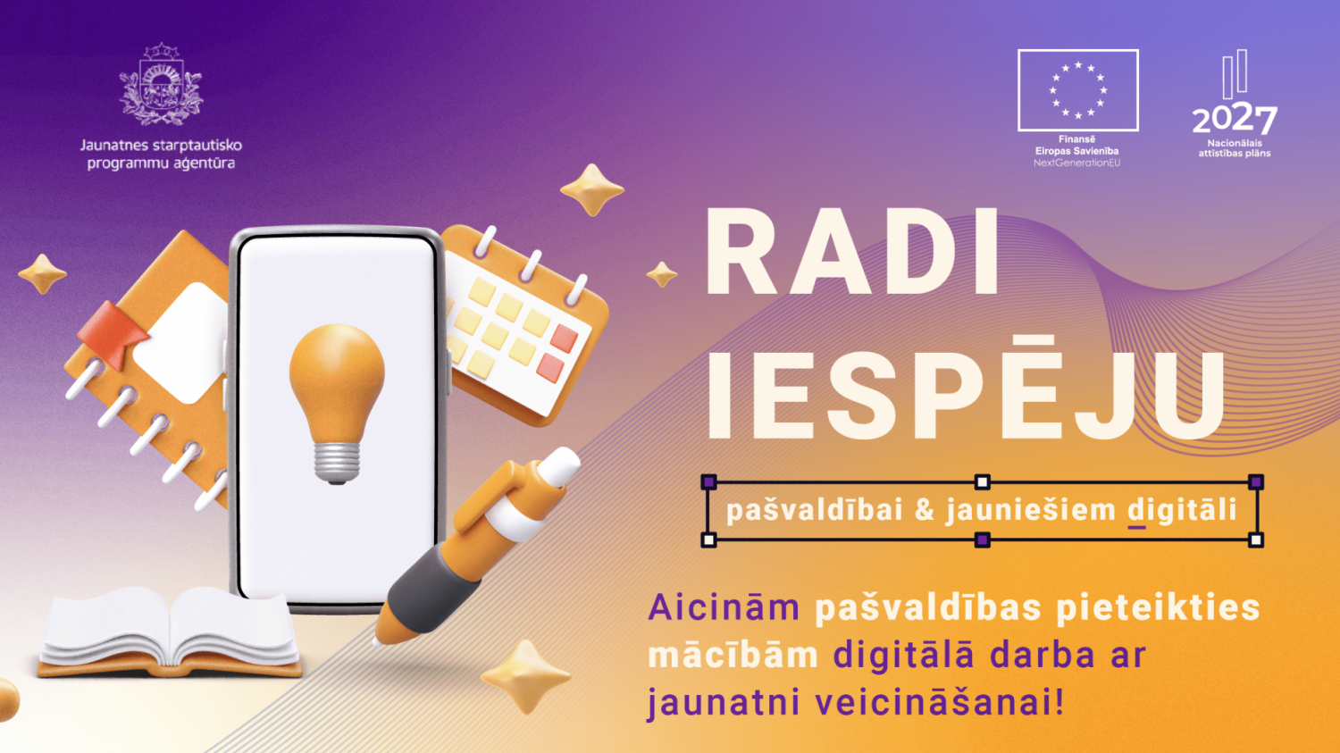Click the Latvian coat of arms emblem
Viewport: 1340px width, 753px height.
(x=161, y=85)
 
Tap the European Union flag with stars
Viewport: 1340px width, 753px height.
(x=1077, y=90)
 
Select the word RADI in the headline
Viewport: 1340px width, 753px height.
(x=853, y=254)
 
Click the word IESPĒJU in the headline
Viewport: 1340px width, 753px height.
(x=965, y=395)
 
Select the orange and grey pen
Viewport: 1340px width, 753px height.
(x=473, y=545)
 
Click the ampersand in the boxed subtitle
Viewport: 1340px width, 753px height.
(x=924, y=510)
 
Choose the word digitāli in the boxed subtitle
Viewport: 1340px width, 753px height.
(x=1182, y=510)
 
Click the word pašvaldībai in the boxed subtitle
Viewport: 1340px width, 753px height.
(x=814, y=510)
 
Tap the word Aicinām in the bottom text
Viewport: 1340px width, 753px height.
(x=723, y=608)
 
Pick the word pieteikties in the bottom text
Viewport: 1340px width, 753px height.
(x=1158, y=608)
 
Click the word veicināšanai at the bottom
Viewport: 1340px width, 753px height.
(x=940, y=702)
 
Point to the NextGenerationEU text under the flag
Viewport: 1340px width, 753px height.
(x=1076, y=163)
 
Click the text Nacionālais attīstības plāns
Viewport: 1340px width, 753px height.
(x=1234, y=148)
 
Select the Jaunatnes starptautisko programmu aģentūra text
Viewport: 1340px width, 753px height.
(x=161, y=154)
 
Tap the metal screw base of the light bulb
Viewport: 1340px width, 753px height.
(x=337, y=462)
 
